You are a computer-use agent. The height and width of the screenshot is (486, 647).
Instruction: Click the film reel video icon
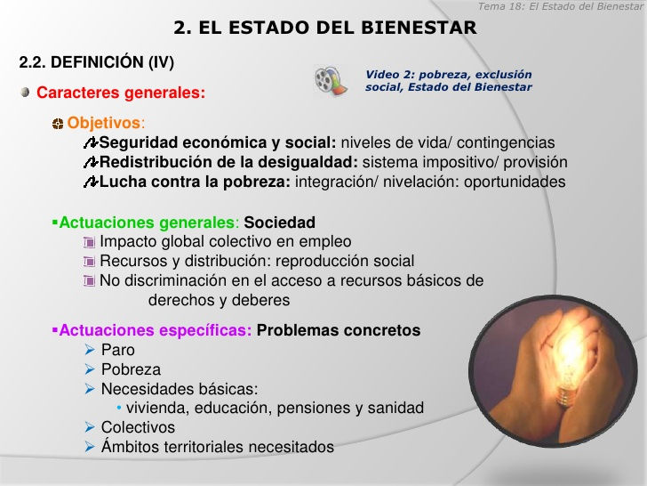[331, 80]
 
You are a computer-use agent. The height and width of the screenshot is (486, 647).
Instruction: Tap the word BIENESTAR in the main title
[419, 28]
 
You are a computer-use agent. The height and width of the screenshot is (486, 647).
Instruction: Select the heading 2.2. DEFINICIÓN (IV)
[97, 62]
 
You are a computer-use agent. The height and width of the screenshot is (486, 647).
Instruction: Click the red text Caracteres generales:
[121, 93]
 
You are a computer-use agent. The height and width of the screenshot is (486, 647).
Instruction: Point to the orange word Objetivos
[104, 123]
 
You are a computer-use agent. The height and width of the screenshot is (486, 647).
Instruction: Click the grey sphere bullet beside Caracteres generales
[25, 92]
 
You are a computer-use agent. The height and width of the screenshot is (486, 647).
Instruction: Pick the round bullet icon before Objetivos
[58, 124]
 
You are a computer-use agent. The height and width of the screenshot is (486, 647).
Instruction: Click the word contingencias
[506, 142]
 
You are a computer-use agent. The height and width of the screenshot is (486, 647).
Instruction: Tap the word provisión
[536, 162]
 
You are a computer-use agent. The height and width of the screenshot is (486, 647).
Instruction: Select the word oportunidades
[515, 182]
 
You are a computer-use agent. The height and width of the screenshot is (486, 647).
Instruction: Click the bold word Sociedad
[279, 223]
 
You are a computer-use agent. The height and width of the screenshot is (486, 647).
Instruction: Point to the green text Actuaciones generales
[147, 223]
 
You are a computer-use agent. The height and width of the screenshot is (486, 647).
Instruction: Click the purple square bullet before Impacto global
[89, 242]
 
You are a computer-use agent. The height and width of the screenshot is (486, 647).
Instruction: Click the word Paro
[118, 350]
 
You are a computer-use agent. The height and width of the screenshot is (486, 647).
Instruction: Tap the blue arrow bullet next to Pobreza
[90, 369]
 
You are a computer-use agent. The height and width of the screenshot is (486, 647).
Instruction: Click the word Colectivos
[139, 427]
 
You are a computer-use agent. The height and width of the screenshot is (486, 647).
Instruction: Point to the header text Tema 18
[500, 6]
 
